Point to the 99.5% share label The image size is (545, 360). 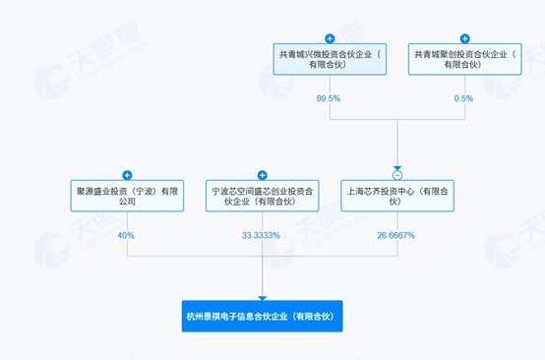tap(329, 98)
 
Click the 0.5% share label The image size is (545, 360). tap(463, 98)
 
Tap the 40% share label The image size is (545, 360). tap(126, 235)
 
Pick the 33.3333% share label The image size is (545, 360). tap(262, 235)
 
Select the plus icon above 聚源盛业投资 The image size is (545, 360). tap(126, 173)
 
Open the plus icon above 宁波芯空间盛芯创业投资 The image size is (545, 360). tap(262, 174)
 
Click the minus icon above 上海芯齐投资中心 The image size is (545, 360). tap(396, 174)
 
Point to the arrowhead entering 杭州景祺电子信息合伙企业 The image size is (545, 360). tap(262, 296)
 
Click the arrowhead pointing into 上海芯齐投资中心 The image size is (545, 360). tap(396, 164)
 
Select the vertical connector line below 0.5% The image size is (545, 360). tap(463, 112)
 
